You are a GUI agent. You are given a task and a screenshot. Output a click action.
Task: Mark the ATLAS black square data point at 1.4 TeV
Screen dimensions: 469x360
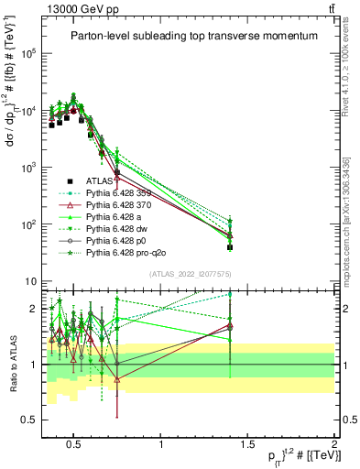230,247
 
